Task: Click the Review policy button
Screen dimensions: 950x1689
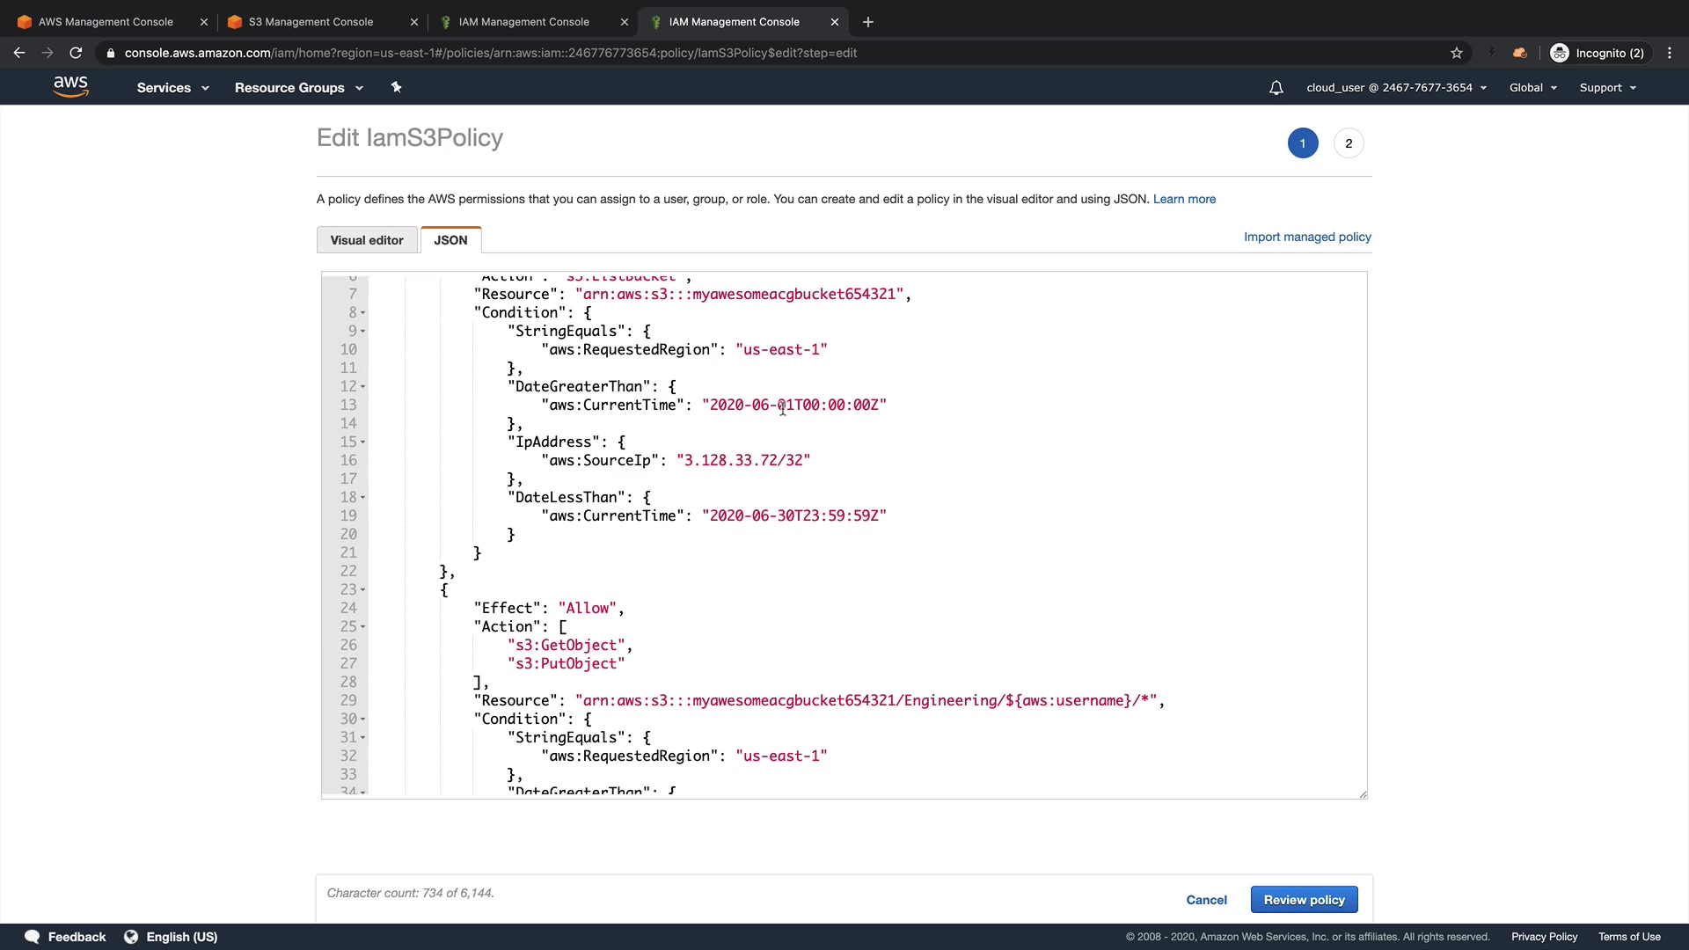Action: pos(1304,900)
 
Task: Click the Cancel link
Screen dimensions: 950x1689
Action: pos(1206,900)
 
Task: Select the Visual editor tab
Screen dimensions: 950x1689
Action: pos(367,240)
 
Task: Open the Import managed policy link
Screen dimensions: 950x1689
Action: pos(1307,237)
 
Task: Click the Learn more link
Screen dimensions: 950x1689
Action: pos(1184,199)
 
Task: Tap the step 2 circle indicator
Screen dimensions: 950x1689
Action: pos(1349,143)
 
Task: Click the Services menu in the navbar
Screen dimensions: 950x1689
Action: pos(172,88)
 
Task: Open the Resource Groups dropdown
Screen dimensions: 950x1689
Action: pos(298,88)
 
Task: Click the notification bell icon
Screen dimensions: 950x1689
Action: pos(1276,88)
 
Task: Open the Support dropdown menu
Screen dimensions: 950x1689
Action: pos(1607,88)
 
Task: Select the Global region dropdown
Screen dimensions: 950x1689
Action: pos(1532,88)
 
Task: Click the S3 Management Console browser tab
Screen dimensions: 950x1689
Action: pos(311,22)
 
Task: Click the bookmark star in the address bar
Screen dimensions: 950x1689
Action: pos(1457,53)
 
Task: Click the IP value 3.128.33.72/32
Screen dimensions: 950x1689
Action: pos(743,460)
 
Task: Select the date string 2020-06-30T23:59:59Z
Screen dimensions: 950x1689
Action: pos(793,515)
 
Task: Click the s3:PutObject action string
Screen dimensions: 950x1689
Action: pos(566,663)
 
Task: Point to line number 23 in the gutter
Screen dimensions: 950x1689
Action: pos(348,589)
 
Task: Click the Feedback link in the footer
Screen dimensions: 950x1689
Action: pos(77,937)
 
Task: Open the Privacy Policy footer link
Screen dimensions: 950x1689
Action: pos(1544,937)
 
